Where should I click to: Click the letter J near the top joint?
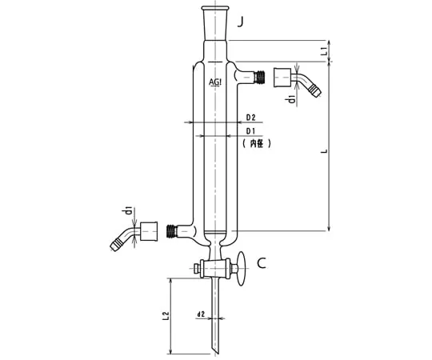coord(241,22)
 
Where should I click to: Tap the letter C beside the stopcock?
coord(262,263)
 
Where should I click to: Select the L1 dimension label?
coord(325,50)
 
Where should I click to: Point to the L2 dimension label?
coord(166,316)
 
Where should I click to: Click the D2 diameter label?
coord(250,118)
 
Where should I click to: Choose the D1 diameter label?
coord(250,131)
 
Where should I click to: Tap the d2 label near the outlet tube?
coord(201,314)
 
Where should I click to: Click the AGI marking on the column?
coord(215,82)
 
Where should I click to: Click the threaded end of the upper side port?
coord(260,77)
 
